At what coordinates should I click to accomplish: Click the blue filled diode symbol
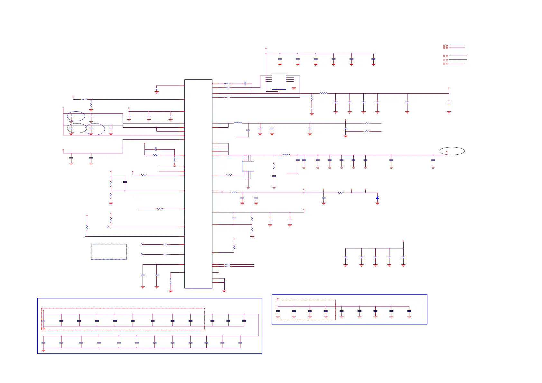tap(377, 198)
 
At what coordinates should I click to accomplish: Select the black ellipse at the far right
tap(452, 151)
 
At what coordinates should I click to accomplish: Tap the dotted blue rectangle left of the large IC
tap(109, 251)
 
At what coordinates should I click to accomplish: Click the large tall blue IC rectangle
tap(198, 184)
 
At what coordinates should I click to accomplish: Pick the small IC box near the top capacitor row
tap(279, 82)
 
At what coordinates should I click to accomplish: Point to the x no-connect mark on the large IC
tap(218, 272)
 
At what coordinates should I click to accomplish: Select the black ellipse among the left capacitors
tap(77, 128)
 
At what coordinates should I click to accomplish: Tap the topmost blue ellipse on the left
tap(76, 116)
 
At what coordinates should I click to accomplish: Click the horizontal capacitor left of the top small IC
tap(245, 84)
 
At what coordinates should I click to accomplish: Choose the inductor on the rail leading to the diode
tap(234, 193)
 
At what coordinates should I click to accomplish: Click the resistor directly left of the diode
tap(341, 193)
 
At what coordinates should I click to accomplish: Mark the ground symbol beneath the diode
tap(377, 204)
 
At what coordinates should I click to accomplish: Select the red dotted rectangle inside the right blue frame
tap(305, 310)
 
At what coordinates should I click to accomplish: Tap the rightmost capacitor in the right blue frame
tap(409, 312)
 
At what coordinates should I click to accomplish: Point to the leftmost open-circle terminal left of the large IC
tap(84, 236)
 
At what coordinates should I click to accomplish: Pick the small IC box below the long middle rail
tap(248, 166)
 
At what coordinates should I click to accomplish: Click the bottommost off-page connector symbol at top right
tap(445, 64)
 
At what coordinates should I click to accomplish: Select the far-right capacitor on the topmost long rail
tap(449, 103)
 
